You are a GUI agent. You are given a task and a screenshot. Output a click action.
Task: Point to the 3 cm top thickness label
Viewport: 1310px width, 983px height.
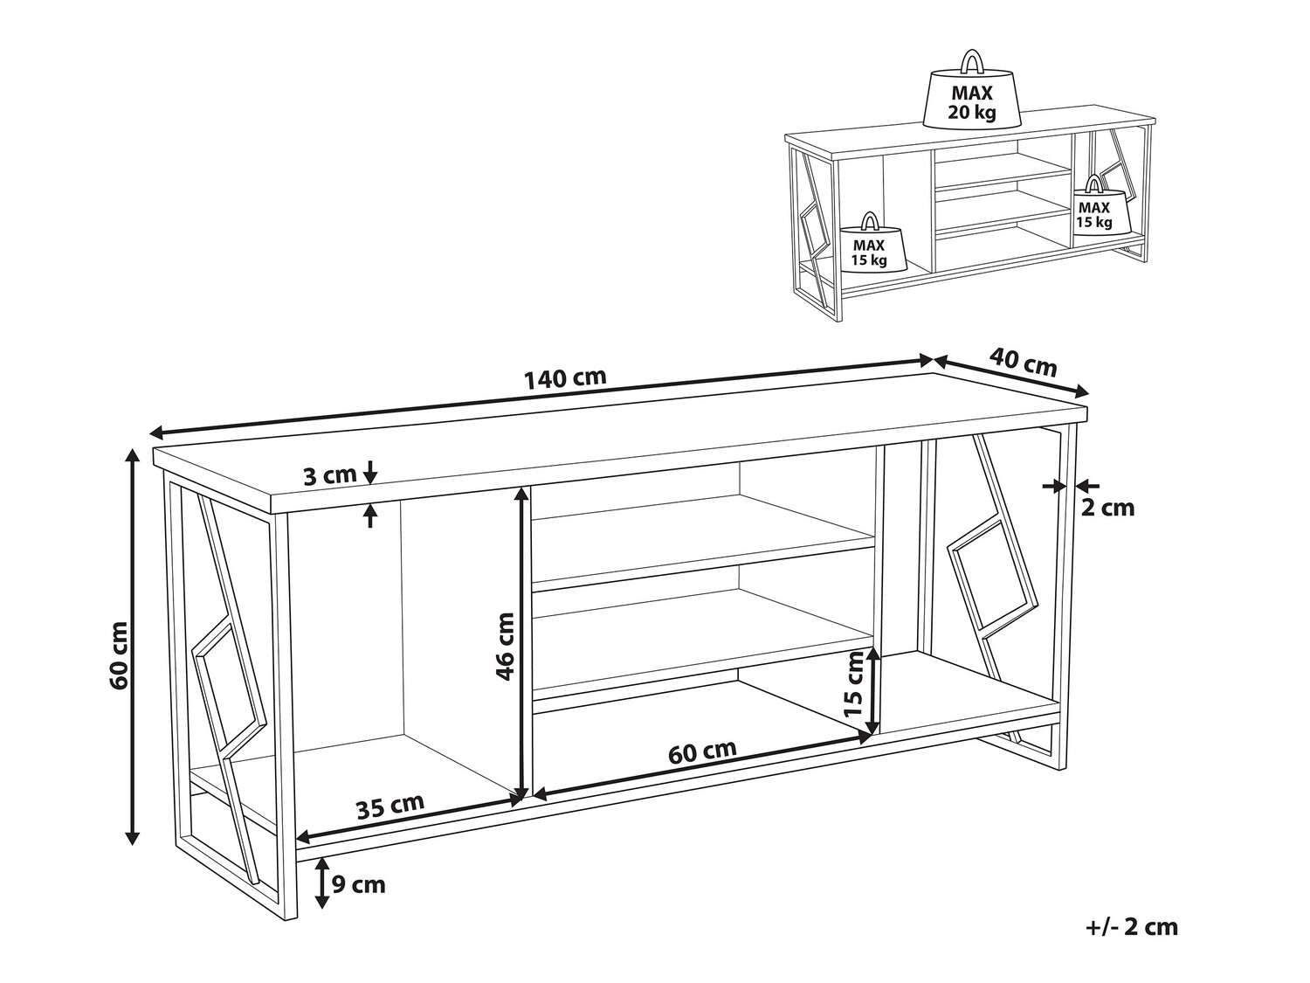(330, 475)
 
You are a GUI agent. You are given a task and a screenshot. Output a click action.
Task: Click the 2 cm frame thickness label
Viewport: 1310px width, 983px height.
(1107, 507)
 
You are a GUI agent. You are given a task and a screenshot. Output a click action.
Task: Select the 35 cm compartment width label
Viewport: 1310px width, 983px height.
(390, 805)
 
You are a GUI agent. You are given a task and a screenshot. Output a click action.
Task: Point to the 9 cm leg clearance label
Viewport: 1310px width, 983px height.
(358, 885)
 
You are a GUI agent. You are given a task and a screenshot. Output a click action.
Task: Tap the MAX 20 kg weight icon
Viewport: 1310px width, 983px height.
(973, 95)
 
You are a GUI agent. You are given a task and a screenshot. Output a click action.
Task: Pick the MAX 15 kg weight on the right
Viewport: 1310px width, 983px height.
(1093, 207)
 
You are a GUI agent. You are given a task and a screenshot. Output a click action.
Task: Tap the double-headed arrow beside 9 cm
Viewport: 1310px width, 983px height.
(321, 883)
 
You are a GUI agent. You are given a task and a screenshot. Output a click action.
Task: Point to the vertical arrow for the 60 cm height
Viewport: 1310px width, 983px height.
(132, 647)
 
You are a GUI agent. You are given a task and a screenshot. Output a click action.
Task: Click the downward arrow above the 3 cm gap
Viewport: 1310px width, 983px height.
(370, 472)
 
